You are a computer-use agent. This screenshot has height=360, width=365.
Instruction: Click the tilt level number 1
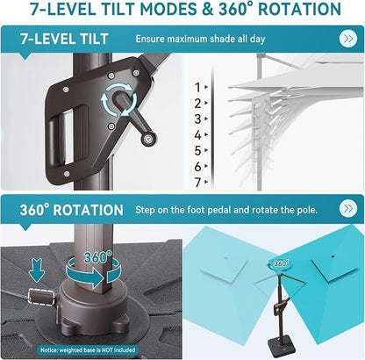[x=198, y=87]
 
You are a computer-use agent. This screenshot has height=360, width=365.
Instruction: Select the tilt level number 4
[x=198, y=135]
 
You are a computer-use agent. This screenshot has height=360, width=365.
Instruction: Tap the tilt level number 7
[x=198, y=183]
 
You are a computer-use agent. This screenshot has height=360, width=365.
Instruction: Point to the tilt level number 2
[x=198, y=104]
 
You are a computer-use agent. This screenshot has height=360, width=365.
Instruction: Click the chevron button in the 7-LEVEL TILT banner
[x=348, y=39]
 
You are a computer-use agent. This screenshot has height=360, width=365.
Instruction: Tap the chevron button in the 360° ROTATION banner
[x=348, y=208]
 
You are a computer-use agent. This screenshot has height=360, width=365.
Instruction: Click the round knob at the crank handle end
[x=149, y=139]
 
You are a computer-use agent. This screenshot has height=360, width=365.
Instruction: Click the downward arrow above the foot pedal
[x=37, y=270]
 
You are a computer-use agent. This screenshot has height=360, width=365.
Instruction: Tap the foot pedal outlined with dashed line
[x=41, y=296]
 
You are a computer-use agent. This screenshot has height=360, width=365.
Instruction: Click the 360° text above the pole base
[x=98, y=257]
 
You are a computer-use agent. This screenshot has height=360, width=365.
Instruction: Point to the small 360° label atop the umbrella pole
[x=281, y=263]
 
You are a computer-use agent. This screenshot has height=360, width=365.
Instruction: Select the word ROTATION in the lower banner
[x=89, y=210]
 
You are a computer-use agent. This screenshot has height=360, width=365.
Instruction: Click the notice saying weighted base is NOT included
[x=88, y=349]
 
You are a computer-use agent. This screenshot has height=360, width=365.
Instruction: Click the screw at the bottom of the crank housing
[x=67, y=174]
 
